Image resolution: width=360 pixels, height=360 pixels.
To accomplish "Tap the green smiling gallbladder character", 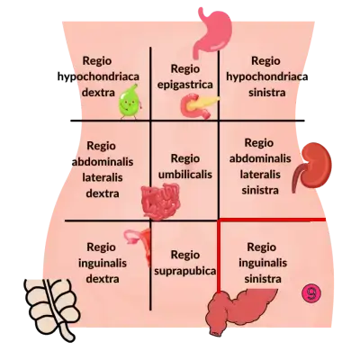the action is (130, 102).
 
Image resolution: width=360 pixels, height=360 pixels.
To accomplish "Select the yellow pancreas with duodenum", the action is (198, 105).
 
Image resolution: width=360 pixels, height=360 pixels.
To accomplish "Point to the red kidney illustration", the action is (313, 166).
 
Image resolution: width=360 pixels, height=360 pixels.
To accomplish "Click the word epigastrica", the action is (185, 85).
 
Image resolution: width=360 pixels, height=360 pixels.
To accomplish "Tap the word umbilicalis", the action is (185, 175).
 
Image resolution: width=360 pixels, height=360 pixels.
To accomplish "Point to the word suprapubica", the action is (184, 271).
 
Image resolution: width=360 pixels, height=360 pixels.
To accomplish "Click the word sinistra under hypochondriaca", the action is (266, 93).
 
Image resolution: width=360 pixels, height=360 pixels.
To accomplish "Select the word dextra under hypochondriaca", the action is (98, 93).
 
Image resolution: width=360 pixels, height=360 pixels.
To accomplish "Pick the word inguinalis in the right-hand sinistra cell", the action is (263, 263).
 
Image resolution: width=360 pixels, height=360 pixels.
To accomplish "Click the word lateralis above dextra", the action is (103, 177).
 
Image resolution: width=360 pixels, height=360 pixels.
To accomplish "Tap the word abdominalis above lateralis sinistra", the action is (260, 158).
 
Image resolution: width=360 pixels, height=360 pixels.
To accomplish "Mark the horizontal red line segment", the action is (273, 220).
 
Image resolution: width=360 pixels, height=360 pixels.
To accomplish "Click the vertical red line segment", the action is (219, 256).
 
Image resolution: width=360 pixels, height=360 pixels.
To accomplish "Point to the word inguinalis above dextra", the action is (103, 263).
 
